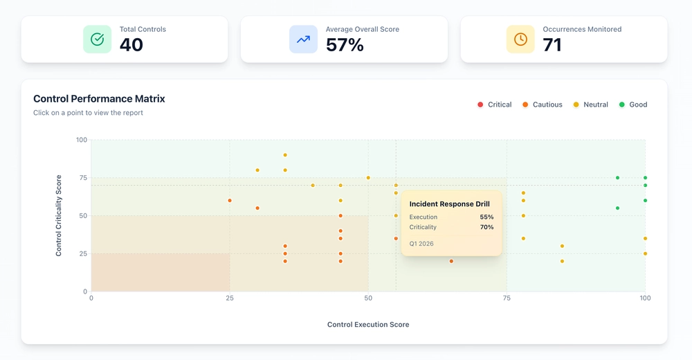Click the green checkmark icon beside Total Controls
click(x=97, y=39)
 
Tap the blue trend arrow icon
click(x=303, y=39)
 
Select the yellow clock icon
click(x=520, y=39)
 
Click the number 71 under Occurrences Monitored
click(x=552, y=45)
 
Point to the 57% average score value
click(x=345, y=45)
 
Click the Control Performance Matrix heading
click(x=99, y=99)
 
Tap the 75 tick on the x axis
click(x=507, y=298)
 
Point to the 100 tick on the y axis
click(x=82, y=140)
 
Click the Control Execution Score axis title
click(x=368, y=325)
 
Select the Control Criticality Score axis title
click(x=59, y=215)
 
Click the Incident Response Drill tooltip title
click(x=449, y=204)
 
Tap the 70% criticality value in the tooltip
click(x=486, y=227)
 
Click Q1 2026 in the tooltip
click(x=421, y=244)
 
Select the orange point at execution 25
click(x=230, y=201)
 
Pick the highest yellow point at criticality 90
click(x=285, y=155)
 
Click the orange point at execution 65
click(x=451, y=261)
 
